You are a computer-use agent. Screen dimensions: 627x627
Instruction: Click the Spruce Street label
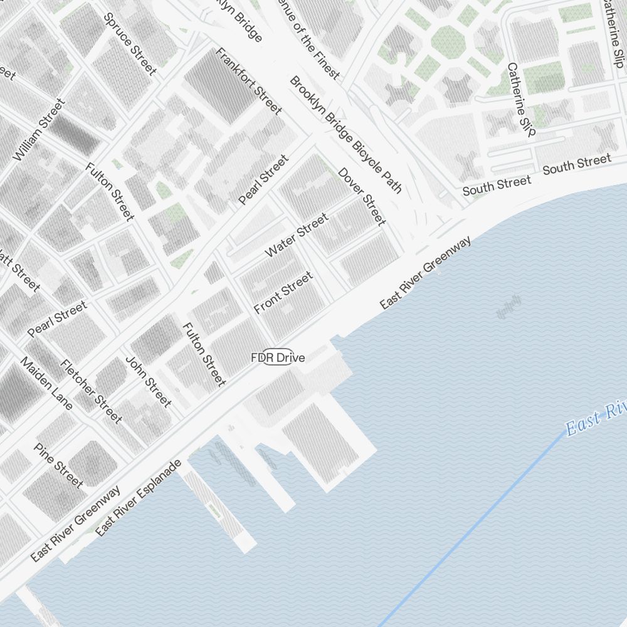point(130,44)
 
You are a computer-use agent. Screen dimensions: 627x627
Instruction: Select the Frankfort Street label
point(248,81)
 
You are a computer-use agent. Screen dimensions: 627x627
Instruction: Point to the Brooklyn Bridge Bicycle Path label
point(345,134)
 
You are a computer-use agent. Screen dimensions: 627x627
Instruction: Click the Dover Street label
point(362,196)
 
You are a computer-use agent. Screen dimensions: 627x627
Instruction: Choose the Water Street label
point(297,235)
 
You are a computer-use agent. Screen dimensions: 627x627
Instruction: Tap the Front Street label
point(283,293)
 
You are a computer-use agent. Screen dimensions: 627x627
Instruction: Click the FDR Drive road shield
point(278,357)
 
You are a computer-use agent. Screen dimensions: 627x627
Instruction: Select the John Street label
point(149,381)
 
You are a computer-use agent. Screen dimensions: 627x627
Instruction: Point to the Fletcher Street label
point(91,391)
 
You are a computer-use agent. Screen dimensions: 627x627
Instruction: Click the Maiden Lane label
point(46,383)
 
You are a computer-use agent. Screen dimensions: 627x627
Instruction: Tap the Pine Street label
point(58,465)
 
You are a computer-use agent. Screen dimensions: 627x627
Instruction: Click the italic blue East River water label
point(596,420)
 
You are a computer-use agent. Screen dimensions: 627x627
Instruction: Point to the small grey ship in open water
point(509,308)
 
